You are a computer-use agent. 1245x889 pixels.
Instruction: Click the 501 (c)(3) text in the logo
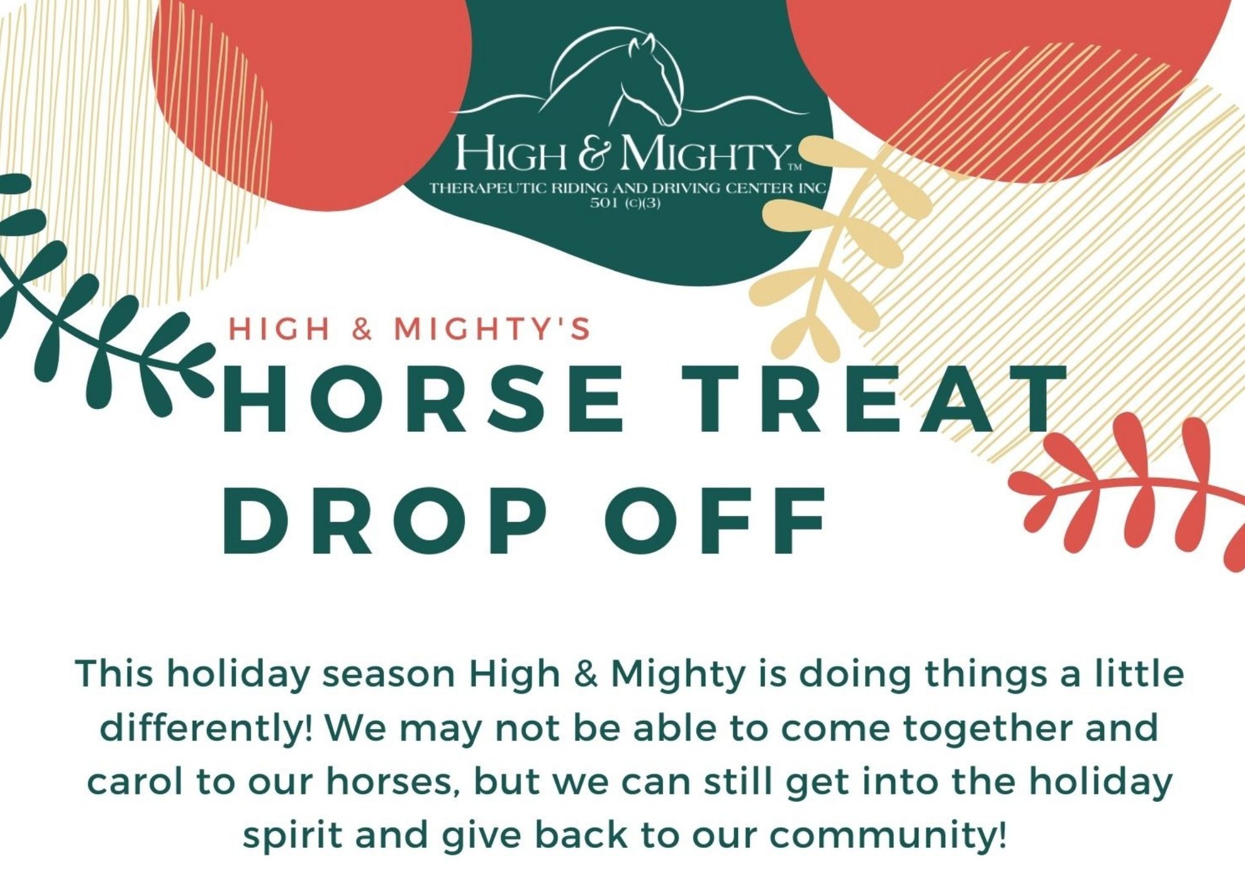click(x=625, y=203)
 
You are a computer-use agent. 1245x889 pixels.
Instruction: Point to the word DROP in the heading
click(x=386, y=522)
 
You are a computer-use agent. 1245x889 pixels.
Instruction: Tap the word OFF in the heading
click(x=716, y=522)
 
